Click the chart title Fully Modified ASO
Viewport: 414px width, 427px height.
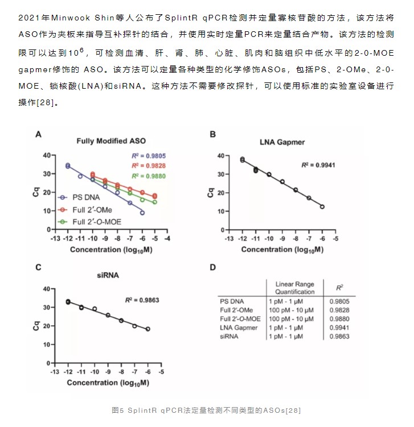tap(111, 141)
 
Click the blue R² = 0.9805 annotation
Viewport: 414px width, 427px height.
tap(149, 156)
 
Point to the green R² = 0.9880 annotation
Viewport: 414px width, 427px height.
tap(149, 176)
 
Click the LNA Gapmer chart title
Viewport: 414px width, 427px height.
tap(282, 142)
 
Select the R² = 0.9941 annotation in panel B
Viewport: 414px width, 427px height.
tap(318, 165)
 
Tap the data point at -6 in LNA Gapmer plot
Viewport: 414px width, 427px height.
tap(322, 207)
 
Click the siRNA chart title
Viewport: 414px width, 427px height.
tap(108, 275)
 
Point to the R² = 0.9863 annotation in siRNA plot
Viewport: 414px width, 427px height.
tap(142, 300)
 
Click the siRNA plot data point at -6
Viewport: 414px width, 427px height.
tap(148, 329)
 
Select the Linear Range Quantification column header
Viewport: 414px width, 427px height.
tap(295, 288)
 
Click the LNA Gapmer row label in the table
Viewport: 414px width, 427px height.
tap(239, 327)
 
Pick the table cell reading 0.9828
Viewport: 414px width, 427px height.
tap(339, 310)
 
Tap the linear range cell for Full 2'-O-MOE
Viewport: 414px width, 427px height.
tap(291, 319)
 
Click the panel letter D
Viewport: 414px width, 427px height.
tap(213, 267)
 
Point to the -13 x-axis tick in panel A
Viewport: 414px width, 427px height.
tap(55, 239)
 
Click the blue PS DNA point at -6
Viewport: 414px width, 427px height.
tap(142, 213)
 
